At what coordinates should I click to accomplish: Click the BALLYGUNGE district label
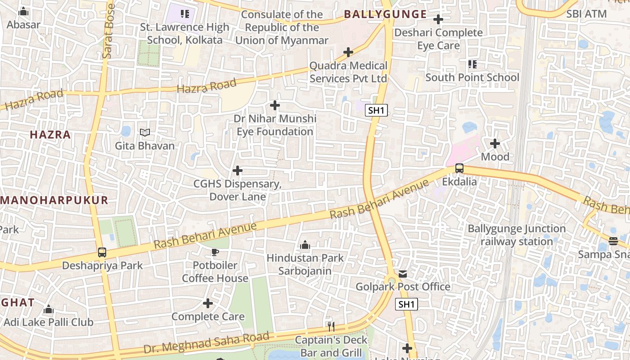coord(385,14)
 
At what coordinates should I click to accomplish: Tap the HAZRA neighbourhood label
coord(50,135)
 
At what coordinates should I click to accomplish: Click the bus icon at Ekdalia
coord(459,168)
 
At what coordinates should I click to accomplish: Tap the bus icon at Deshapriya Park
coord(102,252)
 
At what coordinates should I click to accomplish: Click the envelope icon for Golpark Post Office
coord(403,274)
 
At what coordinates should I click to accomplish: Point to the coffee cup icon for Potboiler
coord(215,252)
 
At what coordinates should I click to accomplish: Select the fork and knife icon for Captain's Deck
coord(331,326)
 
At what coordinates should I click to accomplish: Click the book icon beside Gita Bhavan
coord(144,133)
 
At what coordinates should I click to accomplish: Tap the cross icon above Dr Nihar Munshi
coord(274,106)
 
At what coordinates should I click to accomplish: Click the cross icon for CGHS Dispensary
coord(237,171)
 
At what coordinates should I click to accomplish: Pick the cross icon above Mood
coord(495,144)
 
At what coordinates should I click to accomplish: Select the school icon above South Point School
coord(472,64)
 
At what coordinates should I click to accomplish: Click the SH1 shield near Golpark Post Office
coord(406,305)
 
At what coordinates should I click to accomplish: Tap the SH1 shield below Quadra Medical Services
coord(376,111)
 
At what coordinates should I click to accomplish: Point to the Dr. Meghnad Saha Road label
coord(207,342)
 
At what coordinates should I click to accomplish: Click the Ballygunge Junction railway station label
coord(517,235)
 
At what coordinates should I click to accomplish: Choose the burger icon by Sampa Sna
coord(613,241)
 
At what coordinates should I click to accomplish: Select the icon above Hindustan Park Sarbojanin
coord(305,245)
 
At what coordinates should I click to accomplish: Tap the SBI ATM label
coord(586,14)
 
